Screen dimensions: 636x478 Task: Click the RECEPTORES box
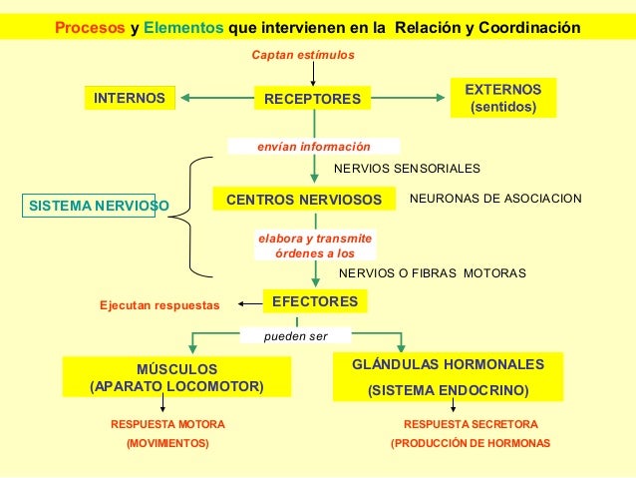312,99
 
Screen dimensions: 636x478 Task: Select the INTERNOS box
129,99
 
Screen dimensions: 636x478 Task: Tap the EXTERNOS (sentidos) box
503,98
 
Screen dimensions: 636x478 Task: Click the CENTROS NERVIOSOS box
303,200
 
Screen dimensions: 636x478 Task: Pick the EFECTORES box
314,299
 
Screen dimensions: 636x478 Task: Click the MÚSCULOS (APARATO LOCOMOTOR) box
176,377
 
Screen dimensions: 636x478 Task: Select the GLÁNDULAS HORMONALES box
449,376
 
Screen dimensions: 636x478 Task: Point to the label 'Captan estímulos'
301,53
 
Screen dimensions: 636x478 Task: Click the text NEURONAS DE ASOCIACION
495,200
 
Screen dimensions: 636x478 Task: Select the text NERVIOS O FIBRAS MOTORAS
432,272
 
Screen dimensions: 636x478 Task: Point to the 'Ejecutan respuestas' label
159,304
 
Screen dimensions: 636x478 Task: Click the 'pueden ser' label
295,336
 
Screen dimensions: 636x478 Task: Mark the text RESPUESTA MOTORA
167,424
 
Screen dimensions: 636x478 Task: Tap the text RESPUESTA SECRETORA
470,424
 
